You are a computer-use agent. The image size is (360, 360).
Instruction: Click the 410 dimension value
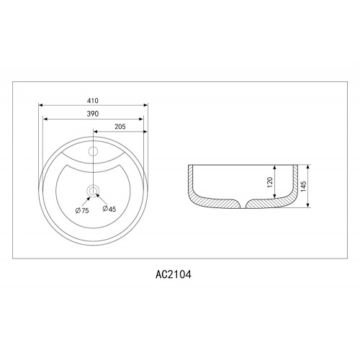click(93, 101)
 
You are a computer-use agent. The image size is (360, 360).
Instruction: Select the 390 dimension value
click(93, 114)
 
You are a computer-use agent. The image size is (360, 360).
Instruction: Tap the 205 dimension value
click(120, 127)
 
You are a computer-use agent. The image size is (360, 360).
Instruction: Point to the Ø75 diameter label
click(82, 211)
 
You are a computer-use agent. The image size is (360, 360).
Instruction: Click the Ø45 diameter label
click(109, 209)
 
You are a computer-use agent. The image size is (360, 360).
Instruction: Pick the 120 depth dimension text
click(270, 182)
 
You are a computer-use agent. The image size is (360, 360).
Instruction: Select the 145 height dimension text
click(303, 186)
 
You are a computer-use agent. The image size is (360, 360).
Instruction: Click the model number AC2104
click(174, 274)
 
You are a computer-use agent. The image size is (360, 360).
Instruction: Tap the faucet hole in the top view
click(93, 151)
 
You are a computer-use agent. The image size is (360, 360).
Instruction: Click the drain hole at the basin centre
click(93, 191)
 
